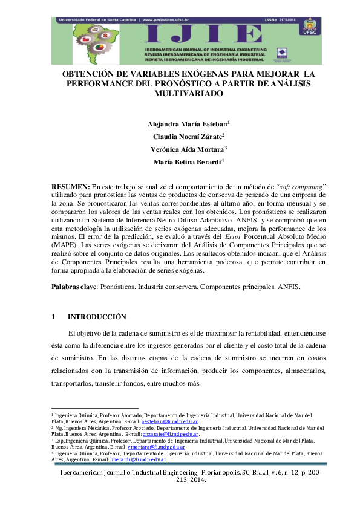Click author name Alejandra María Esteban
point(187,124)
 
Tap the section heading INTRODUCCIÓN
point(97,317)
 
